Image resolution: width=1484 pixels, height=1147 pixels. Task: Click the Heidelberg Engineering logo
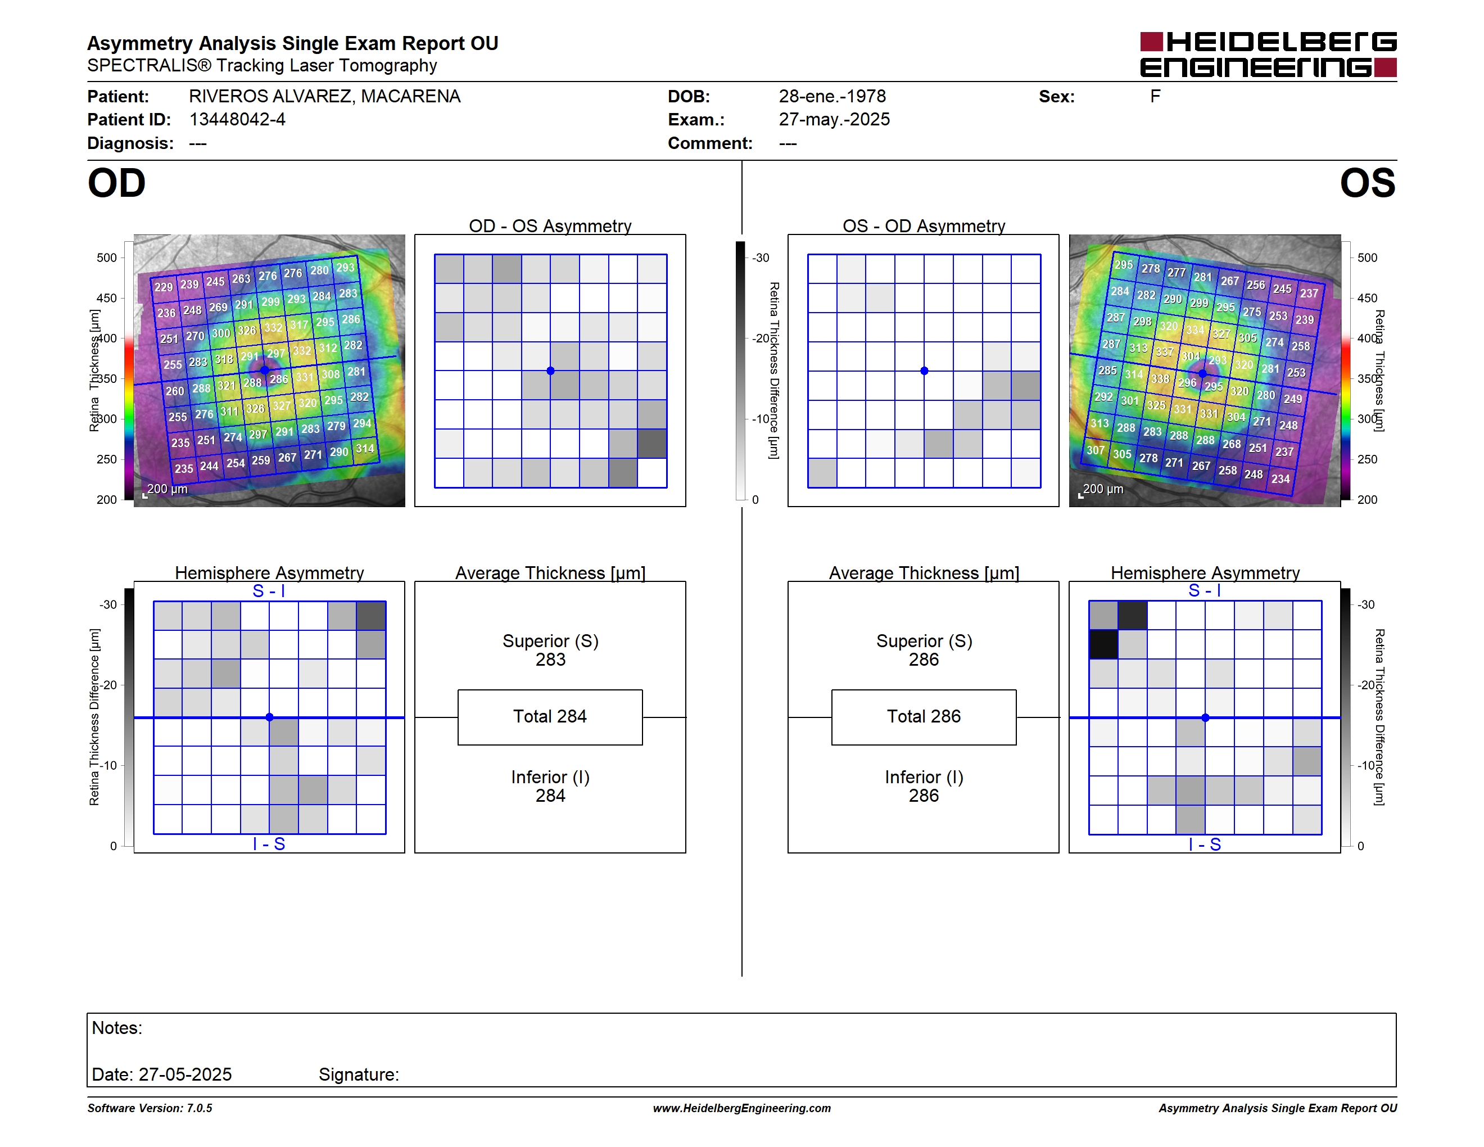(1268, 55)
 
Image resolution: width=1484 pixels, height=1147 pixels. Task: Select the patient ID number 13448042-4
(237, 120)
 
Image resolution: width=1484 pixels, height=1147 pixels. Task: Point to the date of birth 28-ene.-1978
(833, 97)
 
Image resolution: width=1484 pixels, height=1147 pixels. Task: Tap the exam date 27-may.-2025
(834, 120)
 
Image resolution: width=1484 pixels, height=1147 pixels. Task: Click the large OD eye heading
(117, 183)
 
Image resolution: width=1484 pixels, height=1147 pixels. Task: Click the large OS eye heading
(1367, 183)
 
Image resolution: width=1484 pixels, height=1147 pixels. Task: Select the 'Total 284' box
(550, 717)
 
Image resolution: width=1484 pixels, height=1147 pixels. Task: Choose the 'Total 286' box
(924, 717)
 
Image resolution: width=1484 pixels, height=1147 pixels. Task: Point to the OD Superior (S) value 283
(550, 660)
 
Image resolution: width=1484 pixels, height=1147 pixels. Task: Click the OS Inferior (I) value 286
(924, 796)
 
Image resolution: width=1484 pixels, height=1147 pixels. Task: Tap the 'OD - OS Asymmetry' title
(550, 225)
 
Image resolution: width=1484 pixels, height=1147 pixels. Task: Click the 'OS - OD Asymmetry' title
(924, 225)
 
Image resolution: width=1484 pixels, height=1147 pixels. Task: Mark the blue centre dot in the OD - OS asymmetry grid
(550, 371)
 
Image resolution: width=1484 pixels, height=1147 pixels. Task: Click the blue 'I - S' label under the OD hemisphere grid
(269, 844)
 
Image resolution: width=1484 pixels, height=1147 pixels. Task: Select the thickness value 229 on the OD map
(164, 287)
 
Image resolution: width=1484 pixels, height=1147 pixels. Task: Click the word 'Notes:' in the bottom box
(117, 1028)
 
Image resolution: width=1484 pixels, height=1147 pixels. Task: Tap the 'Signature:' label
(359, 1075)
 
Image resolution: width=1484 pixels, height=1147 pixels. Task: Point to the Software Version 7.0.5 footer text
(150, 1108)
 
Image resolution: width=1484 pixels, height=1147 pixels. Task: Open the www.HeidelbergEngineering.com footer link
(742, 1108)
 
